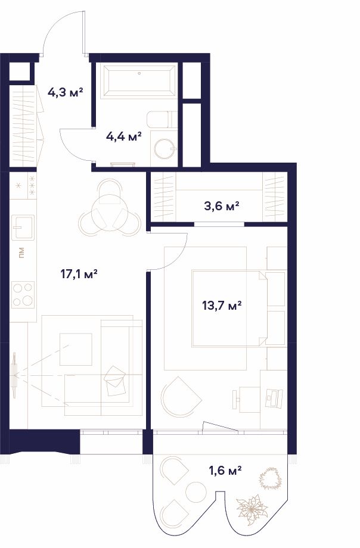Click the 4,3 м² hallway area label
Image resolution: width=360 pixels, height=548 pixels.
tap(66, 92)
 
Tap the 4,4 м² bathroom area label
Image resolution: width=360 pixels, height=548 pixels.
tap(124, 136)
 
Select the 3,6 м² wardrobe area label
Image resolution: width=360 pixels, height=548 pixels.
tap(222, 206)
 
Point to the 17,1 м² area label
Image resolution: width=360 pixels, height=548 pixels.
tap(79, 273)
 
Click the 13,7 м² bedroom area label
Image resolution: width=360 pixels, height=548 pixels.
tap(222, 306)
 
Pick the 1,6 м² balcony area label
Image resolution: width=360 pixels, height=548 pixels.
tap(225, 471)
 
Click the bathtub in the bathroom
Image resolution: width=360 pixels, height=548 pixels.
tap(139, 81)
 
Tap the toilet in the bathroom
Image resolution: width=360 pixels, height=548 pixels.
tap(162, 120)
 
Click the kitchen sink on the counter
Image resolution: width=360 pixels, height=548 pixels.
tap(23, 228)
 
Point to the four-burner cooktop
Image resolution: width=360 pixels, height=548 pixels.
tap(23, 295)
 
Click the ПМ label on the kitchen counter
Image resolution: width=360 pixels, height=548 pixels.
tap(21, 253)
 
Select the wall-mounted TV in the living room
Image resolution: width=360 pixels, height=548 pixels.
tap(14, 375)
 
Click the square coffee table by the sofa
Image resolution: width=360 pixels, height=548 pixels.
tap(76, 349)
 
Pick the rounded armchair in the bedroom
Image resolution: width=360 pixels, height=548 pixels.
tap(181, 396)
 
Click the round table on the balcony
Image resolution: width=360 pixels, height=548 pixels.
tap(196, 493)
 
